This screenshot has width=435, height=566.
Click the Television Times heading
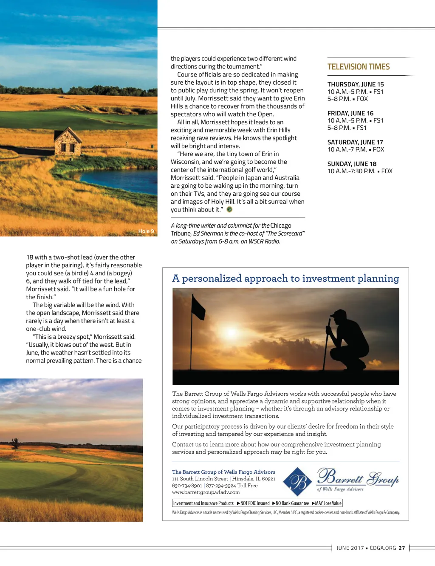tap(359, 67)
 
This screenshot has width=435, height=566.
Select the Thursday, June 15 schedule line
tap(356, 84)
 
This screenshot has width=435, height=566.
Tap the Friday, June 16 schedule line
tap(350, 113)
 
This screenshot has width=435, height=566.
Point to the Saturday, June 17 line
tap(355, 142)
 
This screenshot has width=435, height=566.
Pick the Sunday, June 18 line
tap(352, 164)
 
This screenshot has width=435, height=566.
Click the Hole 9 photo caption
tap(146, 231)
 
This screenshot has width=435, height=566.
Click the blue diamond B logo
tap(297, 482)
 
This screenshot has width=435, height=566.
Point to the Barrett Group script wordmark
tap(358, 477)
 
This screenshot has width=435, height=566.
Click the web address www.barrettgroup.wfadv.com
tap(206, 492)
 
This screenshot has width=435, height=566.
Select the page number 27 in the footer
tap(402, 548)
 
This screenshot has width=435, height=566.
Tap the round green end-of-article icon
tap(229, 209)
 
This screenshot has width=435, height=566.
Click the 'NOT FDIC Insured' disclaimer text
tap(253, 503)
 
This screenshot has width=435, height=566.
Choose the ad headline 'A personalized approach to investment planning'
tap(285, 278)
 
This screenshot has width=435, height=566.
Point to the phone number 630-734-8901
tap(187, 486)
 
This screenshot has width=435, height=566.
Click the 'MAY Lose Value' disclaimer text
tap(327, 503)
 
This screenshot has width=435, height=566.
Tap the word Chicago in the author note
tap(281, 226)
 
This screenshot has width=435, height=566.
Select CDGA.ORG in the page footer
tap(383, 548)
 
